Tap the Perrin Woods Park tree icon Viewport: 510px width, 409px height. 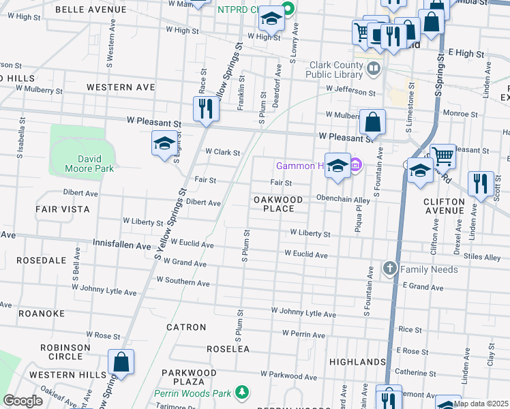tap(241, 392)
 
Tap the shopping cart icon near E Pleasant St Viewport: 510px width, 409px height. tap(443, 156)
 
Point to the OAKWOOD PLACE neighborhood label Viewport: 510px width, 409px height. tap(278, 203)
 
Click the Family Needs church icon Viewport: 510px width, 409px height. tap(389, 269)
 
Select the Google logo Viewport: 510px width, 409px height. tap(22, 401)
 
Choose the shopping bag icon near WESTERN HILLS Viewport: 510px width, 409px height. tap(121, 362)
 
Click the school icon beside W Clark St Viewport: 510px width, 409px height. tap(164, 144)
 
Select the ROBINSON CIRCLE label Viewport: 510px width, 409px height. tap(65, 352)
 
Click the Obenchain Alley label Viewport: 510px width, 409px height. tap(342, 199)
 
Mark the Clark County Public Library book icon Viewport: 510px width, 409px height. tap(373, 68)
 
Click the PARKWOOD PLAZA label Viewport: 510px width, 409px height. tap(189, 378)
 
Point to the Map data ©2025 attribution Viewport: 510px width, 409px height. tap(481, 404)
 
